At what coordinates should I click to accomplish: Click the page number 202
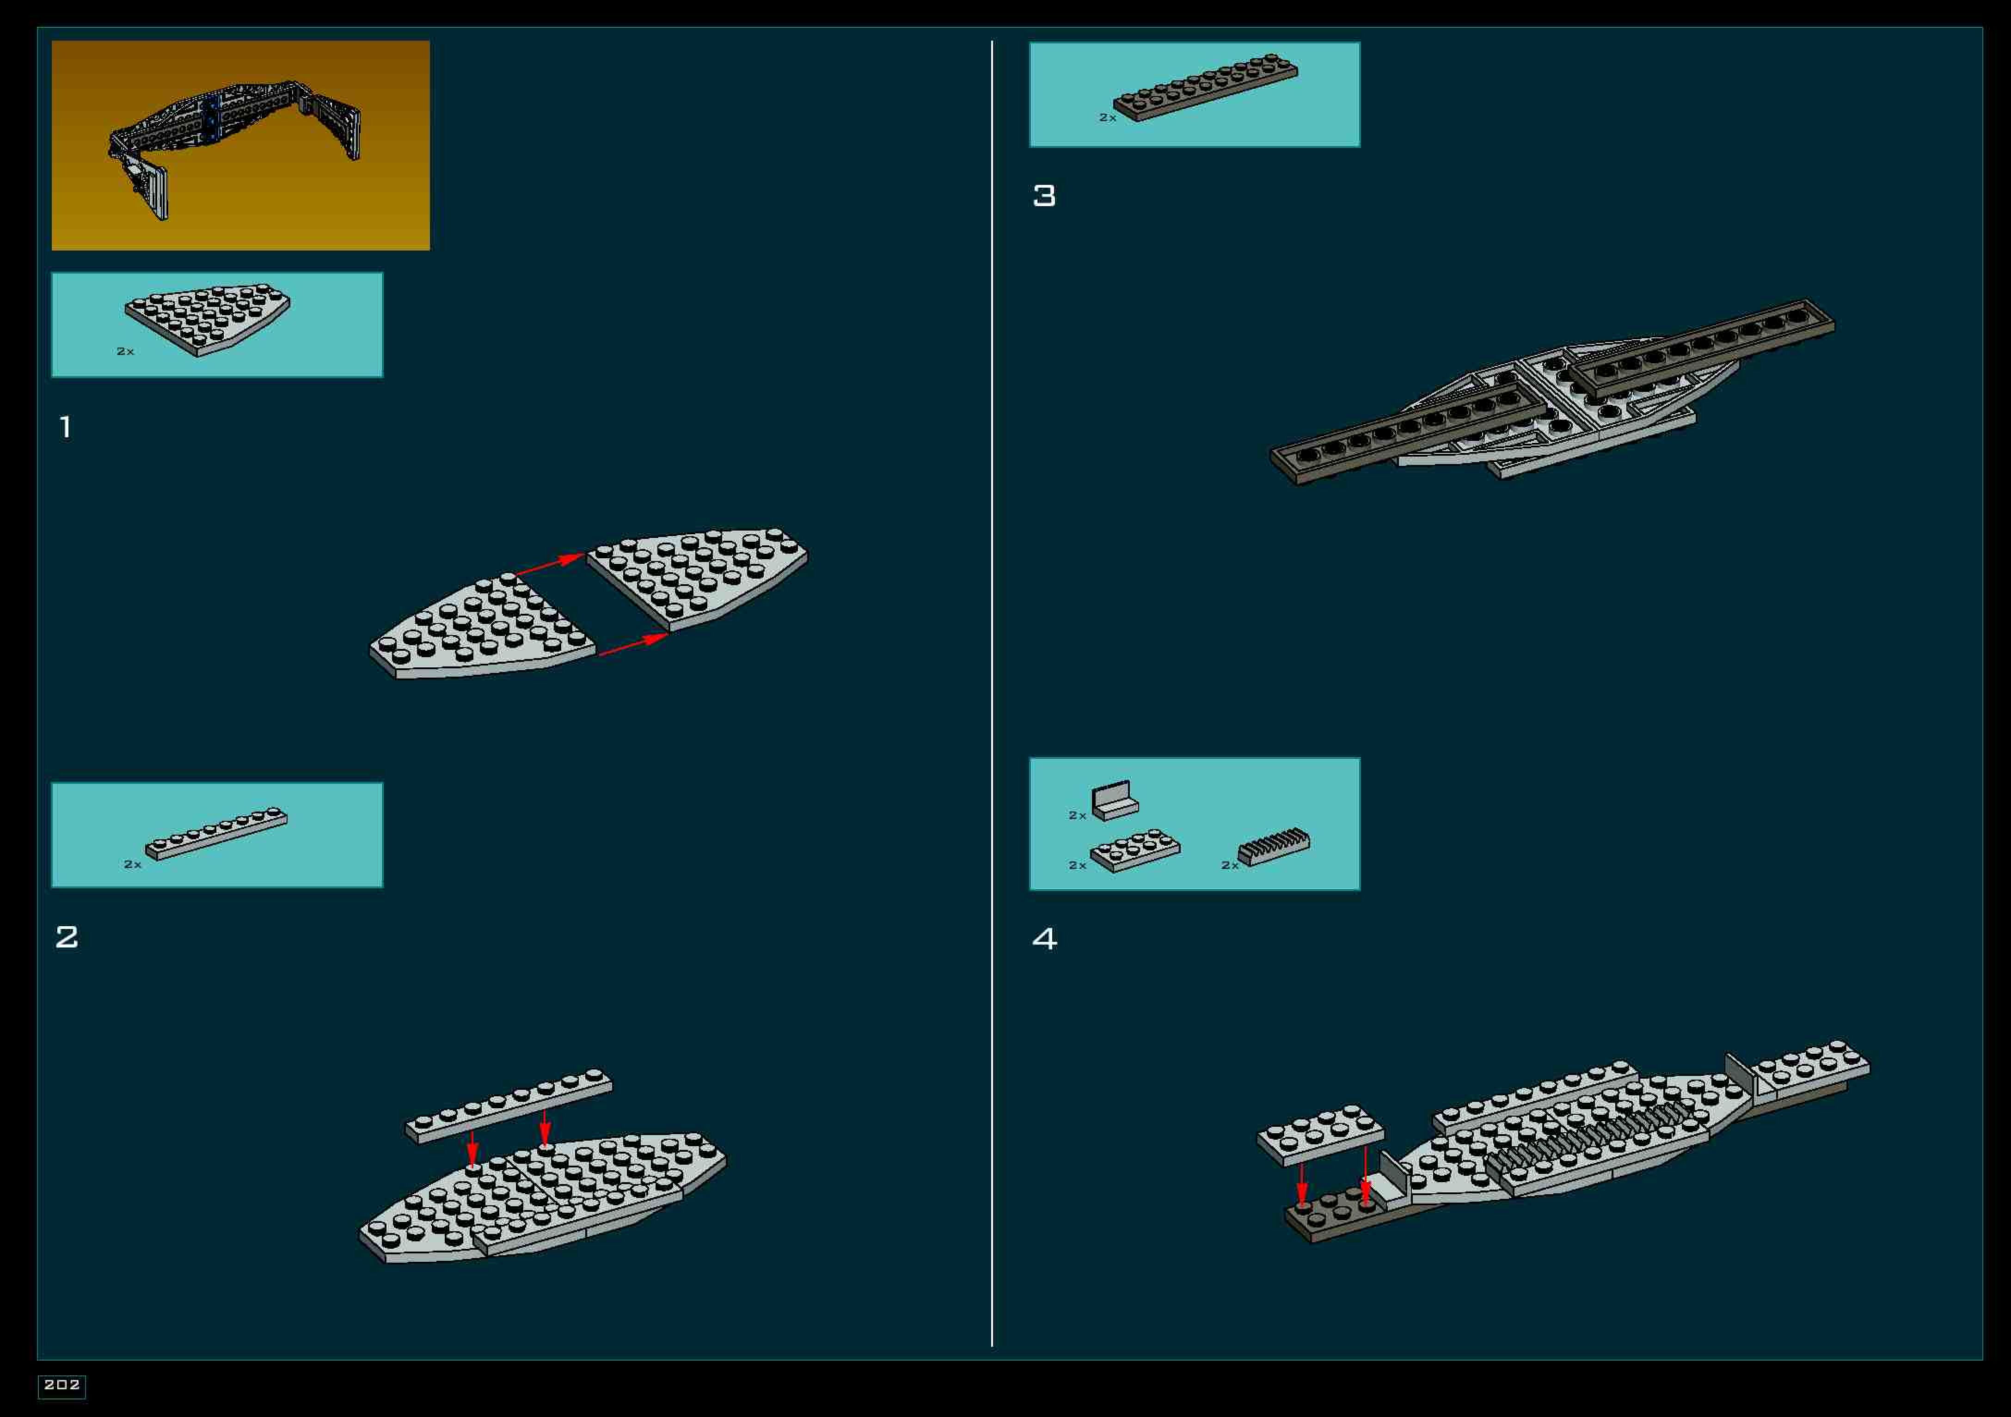[x=61, y=1385]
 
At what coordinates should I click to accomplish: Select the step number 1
[x=65, y=428]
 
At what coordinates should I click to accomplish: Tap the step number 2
[x=67, y=937]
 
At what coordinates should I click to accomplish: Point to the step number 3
[x=1044, y=196]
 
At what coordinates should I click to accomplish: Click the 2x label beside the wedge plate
[x=125, y=351]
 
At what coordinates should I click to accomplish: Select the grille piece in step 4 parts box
[x=1275, y=847]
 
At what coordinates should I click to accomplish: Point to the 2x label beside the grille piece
[x=1230, y=865]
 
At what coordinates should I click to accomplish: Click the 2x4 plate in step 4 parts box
[x=1135, y=851]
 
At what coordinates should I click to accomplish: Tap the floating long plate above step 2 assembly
[x=509, y=1105]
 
